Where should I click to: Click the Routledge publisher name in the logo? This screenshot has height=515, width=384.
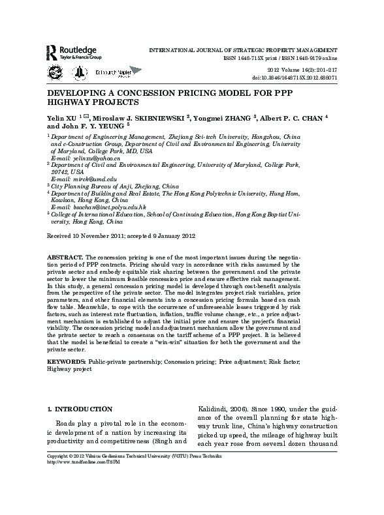point(78,49)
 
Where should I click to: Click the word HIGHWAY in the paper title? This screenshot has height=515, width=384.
point(71,103)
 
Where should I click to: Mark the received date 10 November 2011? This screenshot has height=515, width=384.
point(93,234)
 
